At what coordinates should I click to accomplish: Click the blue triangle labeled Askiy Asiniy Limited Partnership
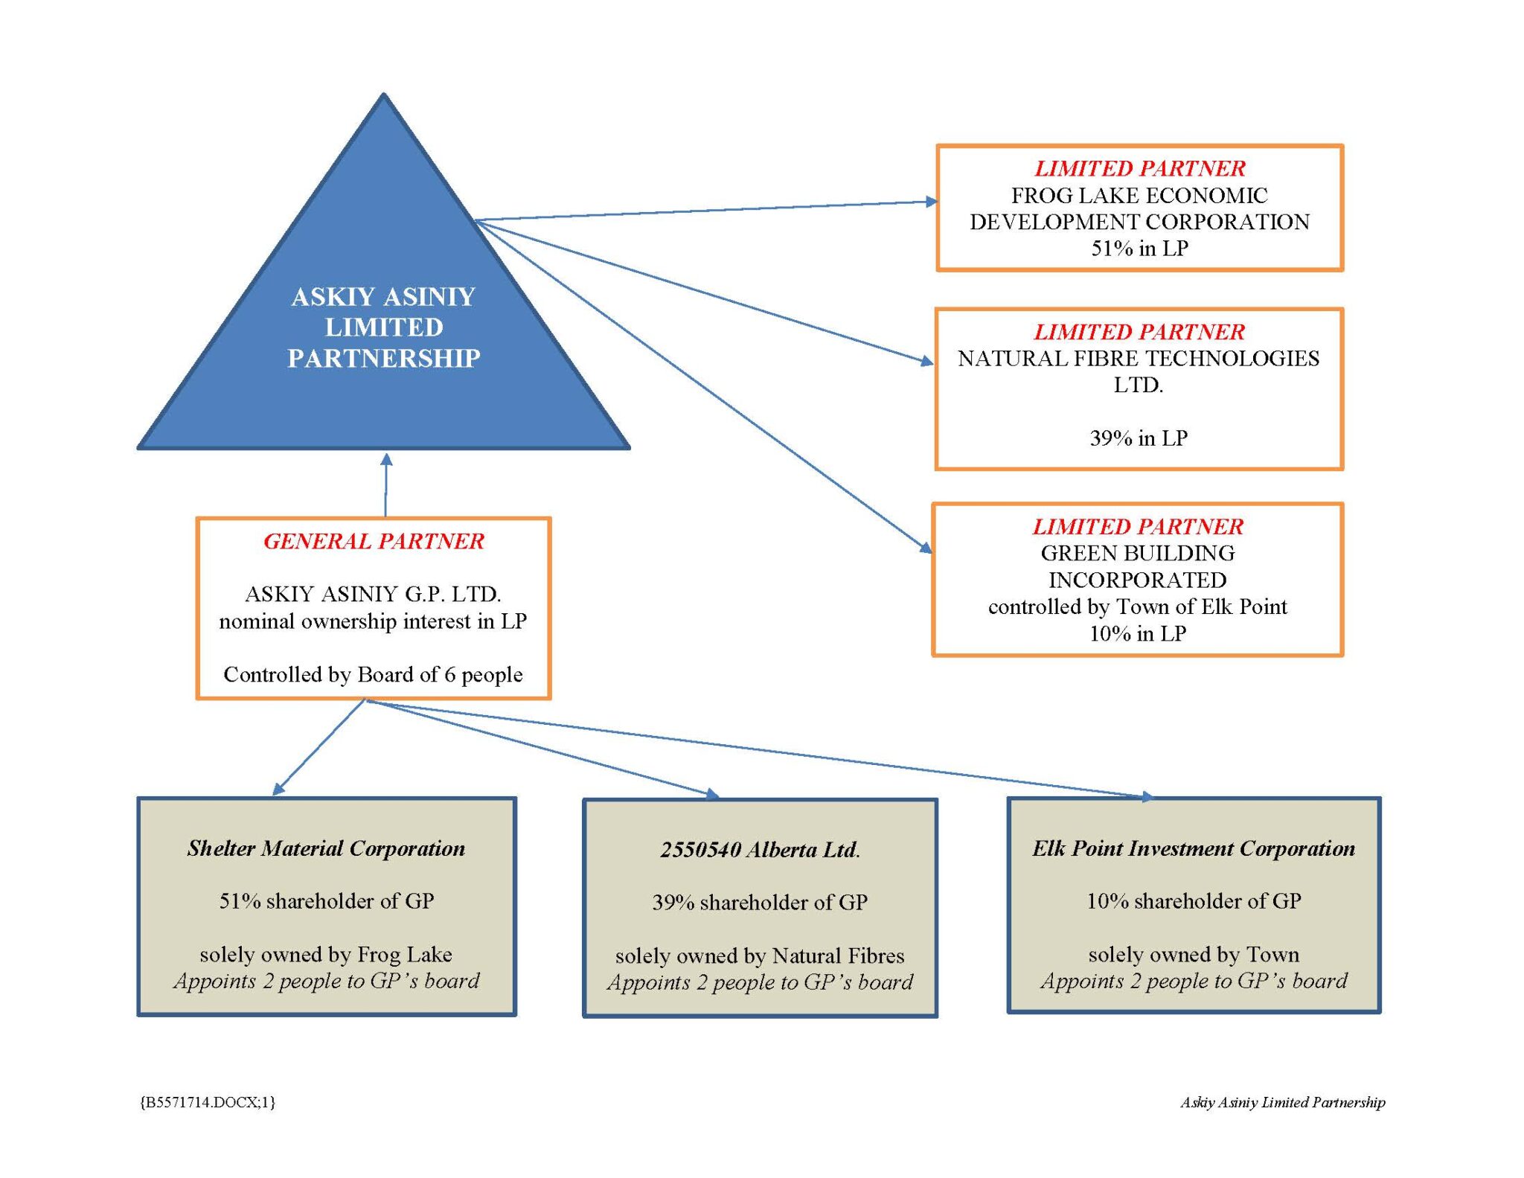pos(383,327)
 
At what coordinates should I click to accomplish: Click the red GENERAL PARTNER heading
pos(374,541)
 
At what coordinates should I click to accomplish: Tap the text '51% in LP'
pos(1139,249)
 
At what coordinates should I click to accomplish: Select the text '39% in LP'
pos(1139,438)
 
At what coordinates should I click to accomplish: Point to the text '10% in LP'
pos(1138,633)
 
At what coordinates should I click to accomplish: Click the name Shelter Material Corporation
pos(326,848)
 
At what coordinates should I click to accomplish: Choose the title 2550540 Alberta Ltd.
pos(760,850)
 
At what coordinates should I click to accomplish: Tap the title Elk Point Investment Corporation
pos(1194,848)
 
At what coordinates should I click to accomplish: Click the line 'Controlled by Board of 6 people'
pos(373,674)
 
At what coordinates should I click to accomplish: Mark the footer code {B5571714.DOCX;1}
pos(208,1102)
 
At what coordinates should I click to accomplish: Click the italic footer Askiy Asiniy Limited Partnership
pos(1282,1102)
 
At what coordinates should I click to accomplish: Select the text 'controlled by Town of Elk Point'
pos(1137,606)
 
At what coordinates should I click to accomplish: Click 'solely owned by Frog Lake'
pos(326,954)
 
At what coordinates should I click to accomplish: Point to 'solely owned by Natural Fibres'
pos(760,955)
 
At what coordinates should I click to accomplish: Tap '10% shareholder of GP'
pos(1194,901)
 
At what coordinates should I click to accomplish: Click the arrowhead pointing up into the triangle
pos(386,459)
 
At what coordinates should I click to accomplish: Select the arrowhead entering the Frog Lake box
pos(931,201)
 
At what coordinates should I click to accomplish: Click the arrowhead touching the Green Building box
pos(926,548)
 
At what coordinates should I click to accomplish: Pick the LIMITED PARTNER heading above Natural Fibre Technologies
pos(1139,332)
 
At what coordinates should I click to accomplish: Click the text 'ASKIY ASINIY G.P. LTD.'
pos(373,594)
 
